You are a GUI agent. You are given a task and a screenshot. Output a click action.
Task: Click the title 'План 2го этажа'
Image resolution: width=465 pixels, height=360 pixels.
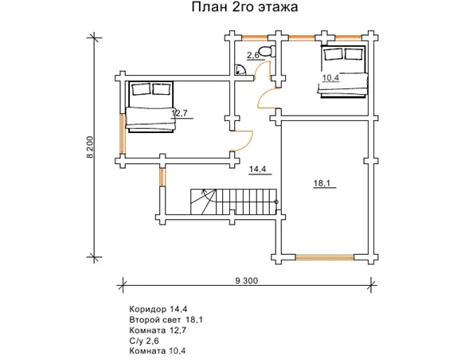click(x=244, y=7)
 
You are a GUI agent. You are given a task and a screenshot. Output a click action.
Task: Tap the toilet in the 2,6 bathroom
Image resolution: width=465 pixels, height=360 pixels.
click(x=267, y=51)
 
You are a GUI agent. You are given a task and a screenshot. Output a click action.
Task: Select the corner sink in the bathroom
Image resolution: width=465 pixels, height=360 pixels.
click(x=240, y=69)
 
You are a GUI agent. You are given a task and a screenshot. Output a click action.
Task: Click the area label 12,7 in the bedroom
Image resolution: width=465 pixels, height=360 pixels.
click(x=179, y=113)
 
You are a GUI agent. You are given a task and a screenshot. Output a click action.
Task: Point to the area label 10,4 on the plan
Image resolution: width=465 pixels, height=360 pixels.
click(x=330, y=78)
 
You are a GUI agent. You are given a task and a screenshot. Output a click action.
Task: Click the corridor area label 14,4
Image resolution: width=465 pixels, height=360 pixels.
click(x=257, y=170)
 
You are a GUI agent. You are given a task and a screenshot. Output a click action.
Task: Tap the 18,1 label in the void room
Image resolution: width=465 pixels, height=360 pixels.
click(x=322, y=183)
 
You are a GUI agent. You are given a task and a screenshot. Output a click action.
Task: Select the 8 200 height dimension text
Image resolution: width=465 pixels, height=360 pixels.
click(x=90, y=147)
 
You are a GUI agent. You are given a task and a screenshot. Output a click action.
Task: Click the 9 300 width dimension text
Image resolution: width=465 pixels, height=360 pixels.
click(x=247, y=280)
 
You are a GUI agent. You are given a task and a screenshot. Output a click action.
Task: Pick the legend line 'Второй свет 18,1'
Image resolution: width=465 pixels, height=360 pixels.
click(x=166, y=319)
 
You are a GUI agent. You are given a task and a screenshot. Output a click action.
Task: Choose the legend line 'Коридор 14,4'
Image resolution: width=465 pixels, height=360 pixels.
click(x=158, y=309)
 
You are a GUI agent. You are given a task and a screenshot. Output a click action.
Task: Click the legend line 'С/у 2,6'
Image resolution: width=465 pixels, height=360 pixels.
click(x=144, y=341)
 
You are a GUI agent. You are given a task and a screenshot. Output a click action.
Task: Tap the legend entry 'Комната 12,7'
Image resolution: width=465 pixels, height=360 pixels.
click(x=158, y=330)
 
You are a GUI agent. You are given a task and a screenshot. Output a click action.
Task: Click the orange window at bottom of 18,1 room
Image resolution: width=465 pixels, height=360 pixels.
click(x=325, y=257)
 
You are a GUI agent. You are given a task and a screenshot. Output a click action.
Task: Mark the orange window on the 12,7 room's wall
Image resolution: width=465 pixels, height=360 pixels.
click(x=122, y=134)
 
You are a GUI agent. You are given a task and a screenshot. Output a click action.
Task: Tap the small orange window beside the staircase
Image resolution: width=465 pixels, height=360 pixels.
click(x=162, y=177)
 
